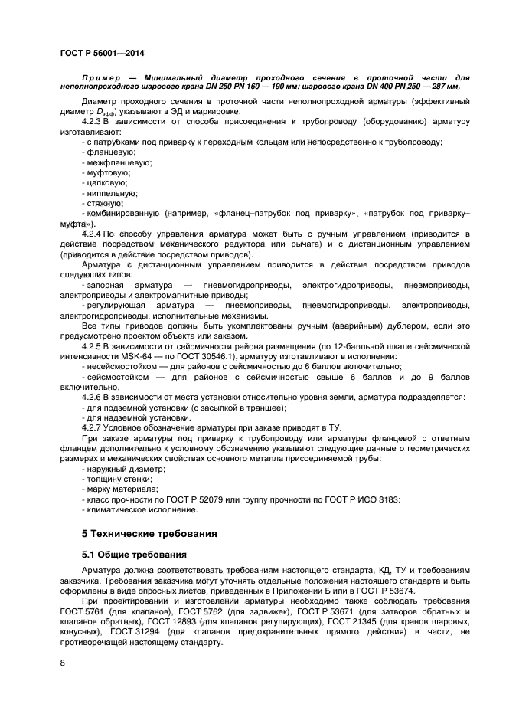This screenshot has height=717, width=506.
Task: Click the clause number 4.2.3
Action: tap(93, 122)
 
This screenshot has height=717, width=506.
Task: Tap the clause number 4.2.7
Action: tap(93, 426)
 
